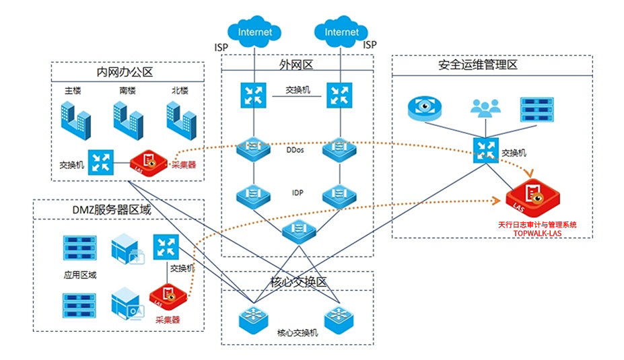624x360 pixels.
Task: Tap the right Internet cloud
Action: click(341, 31)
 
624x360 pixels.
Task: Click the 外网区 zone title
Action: click(297, 65)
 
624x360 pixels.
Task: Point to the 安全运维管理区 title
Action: click(477, 65)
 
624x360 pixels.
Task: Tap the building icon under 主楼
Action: click(74, 117)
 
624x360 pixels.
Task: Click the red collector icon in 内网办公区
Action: click(148, 162)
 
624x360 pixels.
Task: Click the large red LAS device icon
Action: click(533, 196)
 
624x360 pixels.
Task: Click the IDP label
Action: click(297, 193)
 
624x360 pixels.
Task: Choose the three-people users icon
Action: click(482, 108)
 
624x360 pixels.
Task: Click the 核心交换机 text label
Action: click(297, 332)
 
